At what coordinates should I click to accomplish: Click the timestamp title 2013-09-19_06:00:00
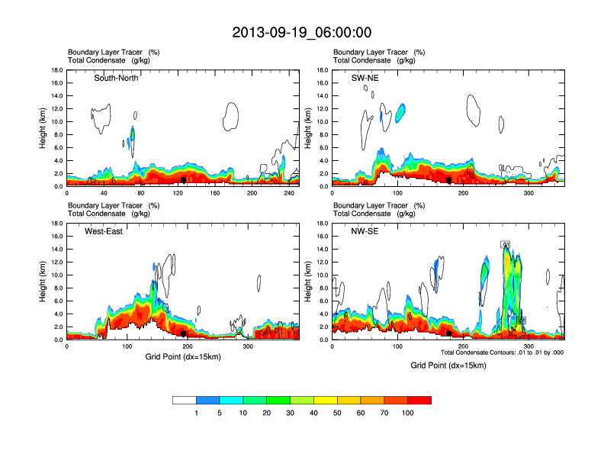tap(302, 33)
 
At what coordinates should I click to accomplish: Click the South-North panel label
tap(116, 78)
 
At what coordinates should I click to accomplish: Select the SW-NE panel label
tap(376, 78)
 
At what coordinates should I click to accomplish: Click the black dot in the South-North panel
tap(184, 180)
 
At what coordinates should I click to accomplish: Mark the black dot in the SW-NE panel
tap(449, 180)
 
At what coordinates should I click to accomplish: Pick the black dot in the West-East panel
tap(184, 333)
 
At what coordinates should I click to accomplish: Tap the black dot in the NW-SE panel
tap(448, 333)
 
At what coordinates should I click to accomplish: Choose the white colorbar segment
tap(185, 400)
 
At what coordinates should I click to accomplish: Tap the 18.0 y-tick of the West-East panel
tap(56, 224)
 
